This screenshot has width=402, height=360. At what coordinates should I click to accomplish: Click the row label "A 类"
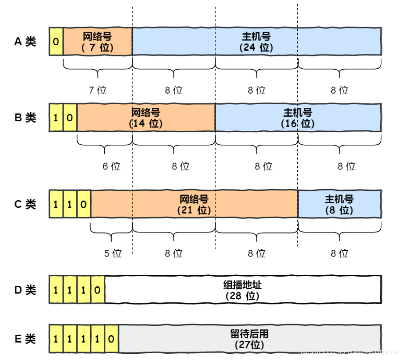[25, 42]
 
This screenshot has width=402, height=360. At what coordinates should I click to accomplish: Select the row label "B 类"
[25, 118]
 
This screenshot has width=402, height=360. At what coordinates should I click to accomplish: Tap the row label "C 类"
[25, 204]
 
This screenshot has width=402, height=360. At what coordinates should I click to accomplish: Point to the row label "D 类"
[25, 290]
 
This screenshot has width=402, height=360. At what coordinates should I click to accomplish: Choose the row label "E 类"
[25, 339]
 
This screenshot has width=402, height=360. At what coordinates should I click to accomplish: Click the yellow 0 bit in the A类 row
[56, 42]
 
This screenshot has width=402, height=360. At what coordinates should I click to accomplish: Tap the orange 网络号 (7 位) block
[98, 42]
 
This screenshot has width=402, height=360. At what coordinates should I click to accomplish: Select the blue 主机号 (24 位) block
[256, 42]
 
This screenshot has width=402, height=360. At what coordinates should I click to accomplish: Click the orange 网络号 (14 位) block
[146, 118]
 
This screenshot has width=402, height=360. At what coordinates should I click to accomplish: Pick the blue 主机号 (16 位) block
[298, 118]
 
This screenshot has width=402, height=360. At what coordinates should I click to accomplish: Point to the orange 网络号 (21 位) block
[194, 204]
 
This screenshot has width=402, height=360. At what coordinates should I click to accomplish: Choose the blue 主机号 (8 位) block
[339, 204]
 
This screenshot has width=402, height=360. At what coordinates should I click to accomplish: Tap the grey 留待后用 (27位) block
[250, 339]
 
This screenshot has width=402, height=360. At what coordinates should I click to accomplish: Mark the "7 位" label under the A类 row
[98, 90]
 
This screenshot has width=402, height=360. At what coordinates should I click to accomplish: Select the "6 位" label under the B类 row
[111, 166]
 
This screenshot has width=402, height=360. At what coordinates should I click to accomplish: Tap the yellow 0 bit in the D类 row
[98, 290]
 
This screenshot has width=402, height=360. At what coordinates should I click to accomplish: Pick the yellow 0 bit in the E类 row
[111, 339]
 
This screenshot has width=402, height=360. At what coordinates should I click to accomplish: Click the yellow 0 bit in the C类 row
[84, 204]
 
